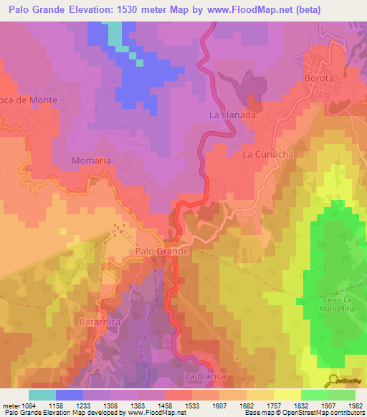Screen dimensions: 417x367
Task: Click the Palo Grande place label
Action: click(x=162, y=251)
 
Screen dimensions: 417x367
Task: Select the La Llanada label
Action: click(x=232, y=115)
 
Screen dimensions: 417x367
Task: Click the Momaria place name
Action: click(x=91, y=160)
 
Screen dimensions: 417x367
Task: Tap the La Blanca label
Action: click(x=206, y=375)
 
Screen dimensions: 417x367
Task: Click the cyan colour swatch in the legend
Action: click(x=42, y=395)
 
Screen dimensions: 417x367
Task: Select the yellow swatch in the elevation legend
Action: click(x=287, y=395)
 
